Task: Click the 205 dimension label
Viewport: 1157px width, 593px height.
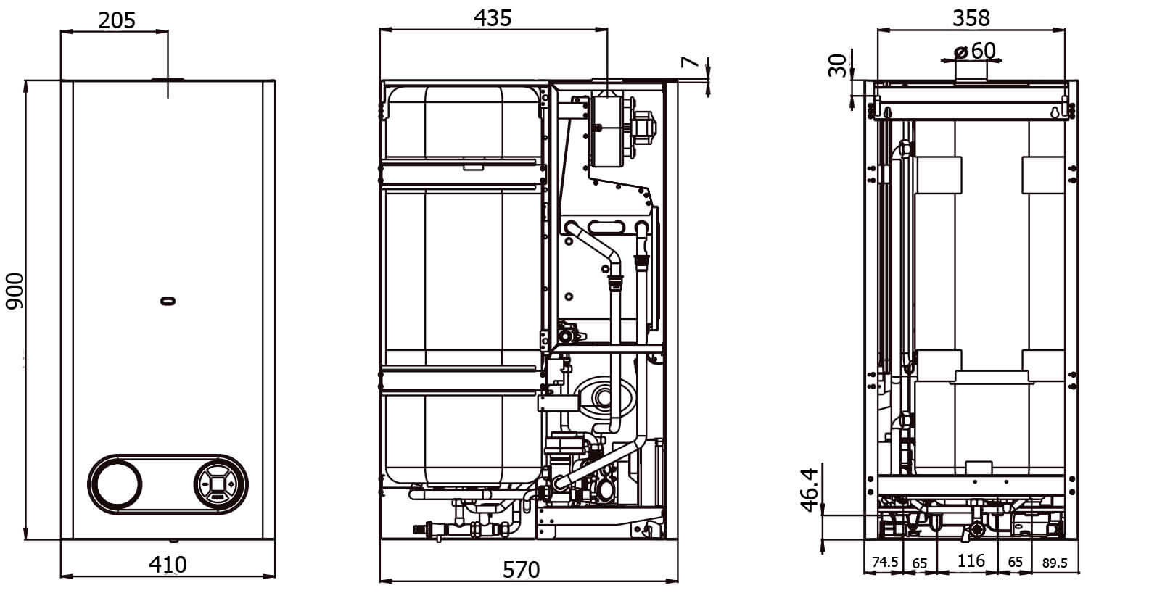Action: coord(117,20)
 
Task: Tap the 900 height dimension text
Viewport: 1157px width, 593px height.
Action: coord(15,291)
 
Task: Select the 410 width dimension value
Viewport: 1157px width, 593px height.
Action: coord(168,565)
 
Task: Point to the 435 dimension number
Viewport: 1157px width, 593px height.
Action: coord(493,19)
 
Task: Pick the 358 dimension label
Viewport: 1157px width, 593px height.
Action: coord(971,19)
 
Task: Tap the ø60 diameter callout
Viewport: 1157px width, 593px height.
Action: coord(975,51)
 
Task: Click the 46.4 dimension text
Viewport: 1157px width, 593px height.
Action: coord(810,490)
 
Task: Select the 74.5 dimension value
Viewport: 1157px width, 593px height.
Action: coord(885,562)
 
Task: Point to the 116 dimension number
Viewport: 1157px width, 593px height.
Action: coord(971,560)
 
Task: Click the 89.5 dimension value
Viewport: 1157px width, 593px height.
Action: coord(1055,563)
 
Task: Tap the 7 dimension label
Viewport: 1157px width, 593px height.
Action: coord(690,62)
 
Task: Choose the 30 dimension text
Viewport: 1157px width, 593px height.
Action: coord(837,65)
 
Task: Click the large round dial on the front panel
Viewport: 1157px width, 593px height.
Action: coord(118,484)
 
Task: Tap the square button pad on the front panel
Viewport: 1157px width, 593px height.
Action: coord(218,484)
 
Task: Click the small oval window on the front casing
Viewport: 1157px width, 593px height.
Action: coord(168,301)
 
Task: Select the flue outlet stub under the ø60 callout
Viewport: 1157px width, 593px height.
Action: coord(971,71)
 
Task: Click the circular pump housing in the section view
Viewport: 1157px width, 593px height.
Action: coord(604,397)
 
